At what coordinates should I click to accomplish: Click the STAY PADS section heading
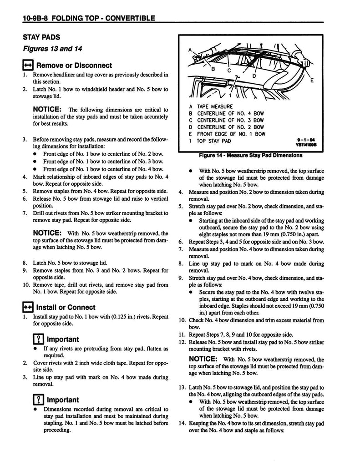(44, 37)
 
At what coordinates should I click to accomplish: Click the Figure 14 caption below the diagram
(250, 155)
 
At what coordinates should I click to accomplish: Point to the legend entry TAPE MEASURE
(214, 106)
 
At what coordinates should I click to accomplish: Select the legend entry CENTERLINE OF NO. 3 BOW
(230, 120)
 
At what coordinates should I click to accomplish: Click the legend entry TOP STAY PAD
(214, 141)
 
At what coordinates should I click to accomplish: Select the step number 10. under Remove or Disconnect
(26, 285)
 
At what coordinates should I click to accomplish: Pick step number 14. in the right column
(182, 423)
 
